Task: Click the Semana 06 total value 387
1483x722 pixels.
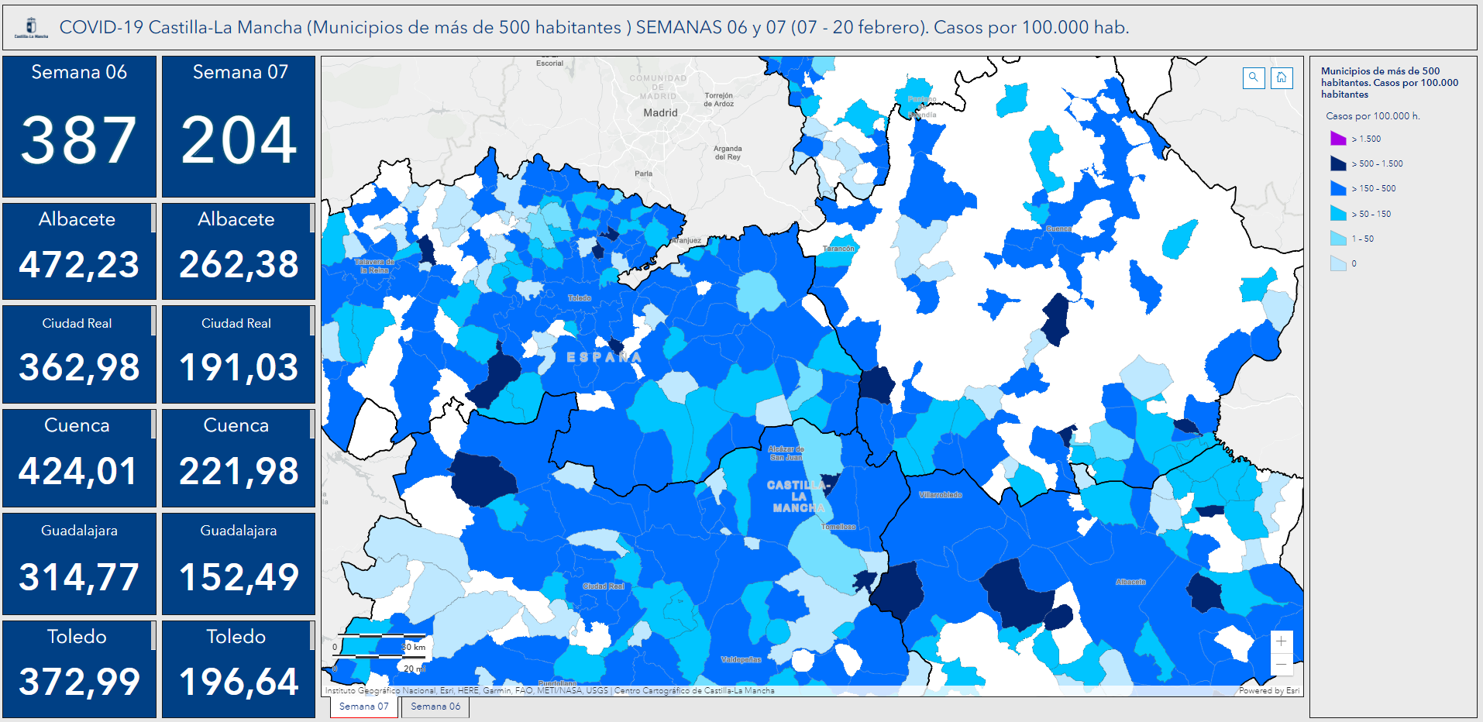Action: click(x=78, y=140)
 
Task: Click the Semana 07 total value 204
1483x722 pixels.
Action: click(x=239, y=140)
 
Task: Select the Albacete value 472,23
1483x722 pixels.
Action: click(x=79, y=265)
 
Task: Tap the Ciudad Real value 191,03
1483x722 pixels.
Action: click(x=239, y=367)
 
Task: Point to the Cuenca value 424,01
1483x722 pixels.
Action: click(x=78, y=471)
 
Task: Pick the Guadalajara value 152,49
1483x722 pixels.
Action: click(x=239, y=577)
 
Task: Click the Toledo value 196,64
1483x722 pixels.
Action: click(x=239, y=682)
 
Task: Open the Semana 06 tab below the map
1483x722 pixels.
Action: click(x=435, y=707)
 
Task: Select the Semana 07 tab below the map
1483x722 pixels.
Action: click(x=363, y=707)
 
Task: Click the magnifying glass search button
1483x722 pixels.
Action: click(x=1254, y=77)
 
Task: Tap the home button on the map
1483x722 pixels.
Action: click(x=1282, y=77)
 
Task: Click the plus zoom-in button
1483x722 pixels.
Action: click(x=1282, y=641)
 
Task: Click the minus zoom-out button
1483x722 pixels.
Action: click(x=1282, y=664)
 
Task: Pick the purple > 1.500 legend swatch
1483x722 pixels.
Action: click(x=1338, y=139)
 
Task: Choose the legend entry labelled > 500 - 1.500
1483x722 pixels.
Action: click(x=1377, y=163)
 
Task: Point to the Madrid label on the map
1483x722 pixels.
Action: click(x=660, y=112)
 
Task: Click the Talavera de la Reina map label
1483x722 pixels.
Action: click(x=374, y=266)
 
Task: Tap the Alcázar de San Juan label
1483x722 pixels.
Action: click(x=786, y=453)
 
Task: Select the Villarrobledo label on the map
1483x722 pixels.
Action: click(x=940, y=494)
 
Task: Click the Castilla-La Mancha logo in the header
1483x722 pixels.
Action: click(x=32, y=28)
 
